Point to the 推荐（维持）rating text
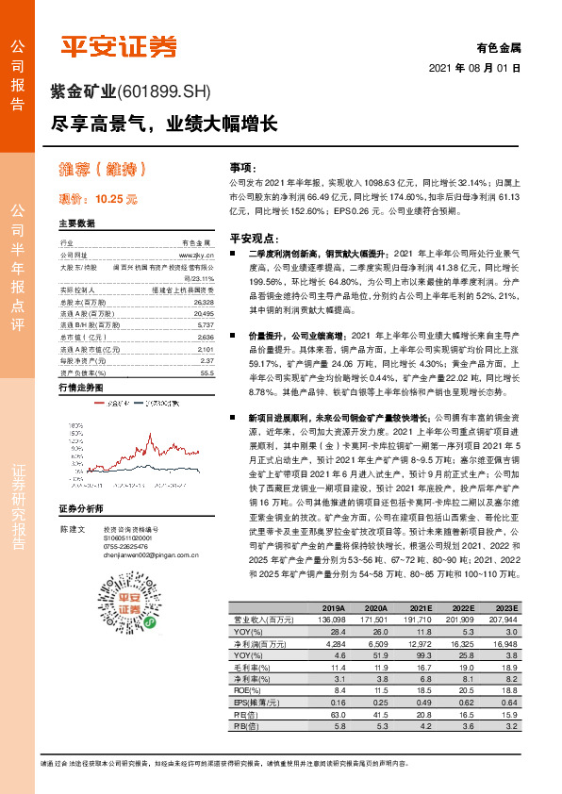pos(100,170)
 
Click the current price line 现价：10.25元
pos(98,199)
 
